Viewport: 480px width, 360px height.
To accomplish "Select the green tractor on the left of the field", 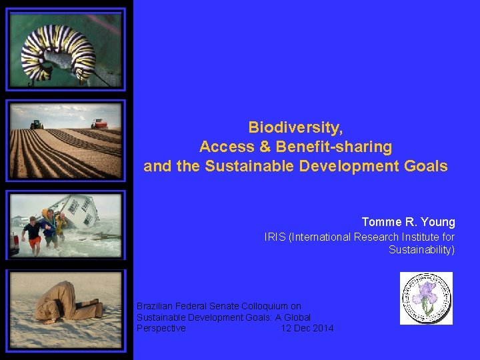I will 37,125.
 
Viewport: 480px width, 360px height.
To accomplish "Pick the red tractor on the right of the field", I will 100,123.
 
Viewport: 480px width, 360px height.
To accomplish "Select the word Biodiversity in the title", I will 295,127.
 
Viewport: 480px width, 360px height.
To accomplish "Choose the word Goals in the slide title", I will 427,167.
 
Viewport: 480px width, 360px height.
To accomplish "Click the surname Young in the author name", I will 437,222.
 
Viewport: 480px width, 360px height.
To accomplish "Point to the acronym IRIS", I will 275,237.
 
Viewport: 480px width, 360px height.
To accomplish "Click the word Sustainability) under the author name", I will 421,250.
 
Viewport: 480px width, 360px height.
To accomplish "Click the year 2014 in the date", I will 323,329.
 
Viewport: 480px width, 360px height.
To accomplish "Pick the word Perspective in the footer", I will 161,329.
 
